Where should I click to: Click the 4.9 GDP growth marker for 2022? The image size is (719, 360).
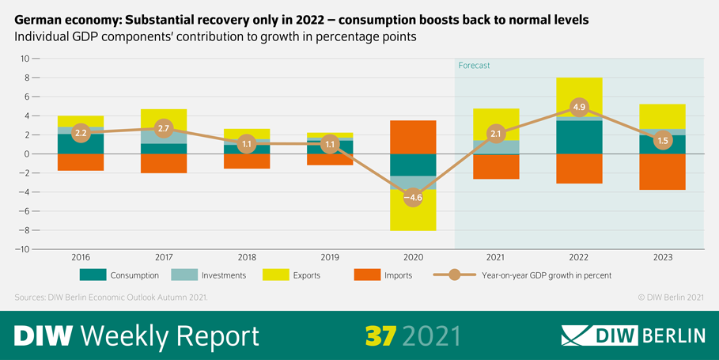click(578, 108)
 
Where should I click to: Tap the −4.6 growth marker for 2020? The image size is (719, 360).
click(412, 198)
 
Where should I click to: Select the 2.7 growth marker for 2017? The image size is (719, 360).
click(163, 128)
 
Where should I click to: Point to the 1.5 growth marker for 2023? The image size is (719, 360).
click(661, 140)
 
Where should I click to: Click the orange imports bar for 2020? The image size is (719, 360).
click(412, 137)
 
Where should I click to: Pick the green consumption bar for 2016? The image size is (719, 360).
click(80, 145)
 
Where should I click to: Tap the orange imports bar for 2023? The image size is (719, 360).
click(661, 172)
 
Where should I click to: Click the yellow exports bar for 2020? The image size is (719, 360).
click(412, 218)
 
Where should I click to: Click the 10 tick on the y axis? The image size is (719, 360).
click(25, 59)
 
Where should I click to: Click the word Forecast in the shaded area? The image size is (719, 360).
click(475, 66)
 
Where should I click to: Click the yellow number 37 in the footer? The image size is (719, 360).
click(380, 335)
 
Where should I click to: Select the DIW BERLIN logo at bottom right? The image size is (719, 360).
click(633, 335)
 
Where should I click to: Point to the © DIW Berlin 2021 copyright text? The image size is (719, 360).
click(670, 297)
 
